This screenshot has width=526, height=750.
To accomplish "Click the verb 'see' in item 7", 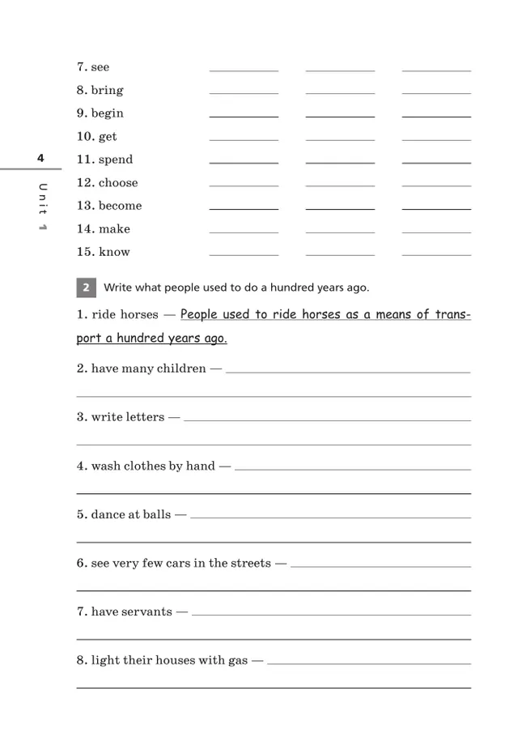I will [x=100, y=67].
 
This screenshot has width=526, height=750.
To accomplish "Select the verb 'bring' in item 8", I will [x=107, y=91].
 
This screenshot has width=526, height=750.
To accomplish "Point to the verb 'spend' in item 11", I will [x=116, y=160].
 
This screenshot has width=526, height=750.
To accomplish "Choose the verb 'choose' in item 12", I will [x=118, y=183].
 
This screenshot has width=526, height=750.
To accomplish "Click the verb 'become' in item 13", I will [x=120, y=206].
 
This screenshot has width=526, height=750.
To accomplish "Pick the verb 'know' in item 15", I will [x=114, y=252].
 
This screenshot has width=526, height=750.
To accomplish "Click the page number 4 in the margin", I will [x=40, y=158].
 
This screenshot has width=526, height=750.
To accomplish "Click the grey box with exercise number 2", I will [x=87, y=288].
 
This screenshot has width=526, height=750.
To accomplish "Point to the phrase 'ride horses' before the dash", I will [x=125, y=315].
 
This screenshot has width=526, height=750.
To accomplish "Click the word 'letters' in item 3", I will [x=145, y=418].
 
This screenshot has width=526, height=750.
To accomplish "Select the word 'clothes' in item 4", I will [x=142, y=467].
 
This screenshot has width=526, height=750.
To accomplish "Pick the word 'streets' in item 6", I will [x=251, y=564].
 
